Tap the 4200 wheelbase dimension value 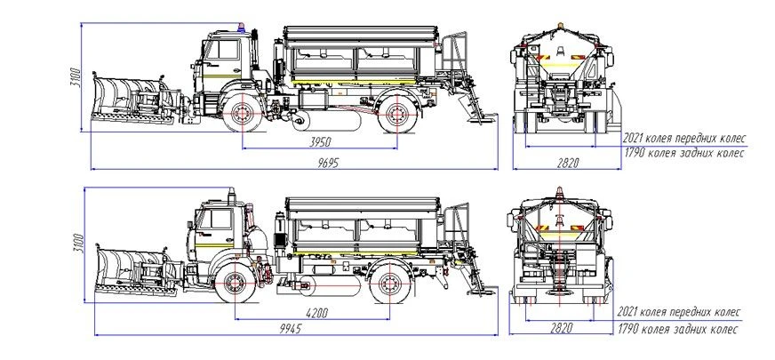315,312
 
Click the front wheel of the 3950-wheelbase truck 240,116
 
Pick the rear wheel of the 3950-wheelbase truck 395,116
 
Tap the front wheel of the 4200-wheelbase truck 234,284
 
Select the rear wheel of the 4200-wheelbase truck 390,284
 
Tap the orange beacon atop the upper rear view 559,20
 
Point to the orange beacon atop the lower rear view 559,189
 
